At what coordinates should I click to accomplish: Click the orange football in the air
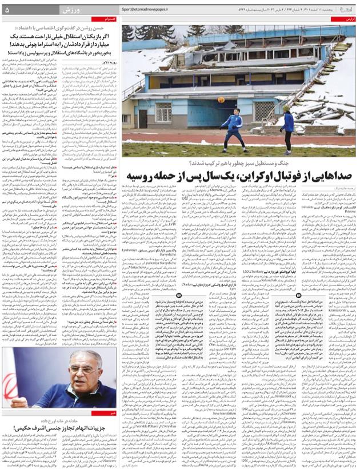click(221, 99)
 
